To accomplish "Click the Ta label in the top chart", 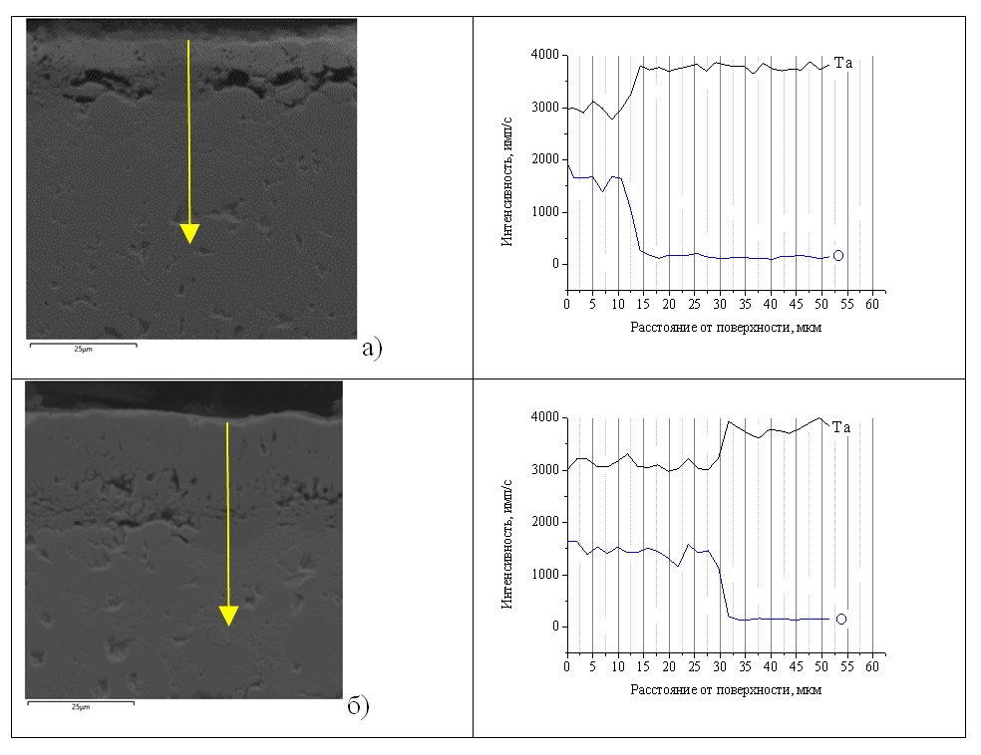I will [x=843, y=63].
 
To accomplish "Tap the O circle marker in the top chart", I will [x=838, y=256].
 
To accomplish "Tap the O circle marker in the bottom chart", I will [x=840, y=619].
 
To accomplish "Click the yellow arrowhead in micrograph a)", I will [x=189, y=233].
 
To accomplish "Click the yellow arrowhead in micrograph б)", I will [x=228, y=615].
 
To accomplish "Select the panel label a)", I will [x=371, y=348].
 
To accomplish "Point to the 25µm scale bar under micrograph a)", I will [x=82, y=347].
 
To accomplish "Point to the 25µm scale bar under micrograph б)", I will [x=80, y=704].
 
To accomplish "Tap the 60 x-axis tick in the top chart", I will [x=873, y=303].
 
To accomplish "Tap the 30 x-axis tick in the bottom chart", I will [x=720, y=665].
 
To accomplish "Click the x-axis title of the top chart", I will [x=726, y=326].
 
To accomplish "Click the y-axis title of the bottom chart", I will [x=507, y=534].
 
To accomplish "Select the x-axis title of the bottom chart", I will [x=726, y=688].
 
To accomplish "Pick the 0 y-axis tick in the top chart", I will [x=553, y=264].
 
